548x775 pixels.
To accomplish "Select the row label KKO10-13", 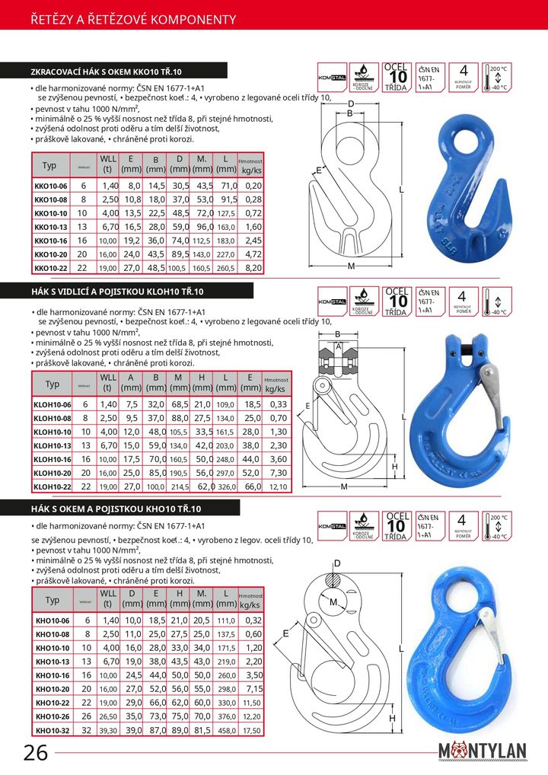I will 51,227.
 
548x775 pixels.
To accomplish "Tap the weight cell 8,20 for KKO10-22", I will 253,268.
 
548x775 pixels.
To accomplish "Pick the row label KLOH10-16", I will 53,459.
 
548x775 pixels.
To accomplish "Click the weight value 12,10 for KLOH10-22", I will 278,486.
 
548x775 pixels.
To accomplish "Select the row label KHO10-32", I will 52,731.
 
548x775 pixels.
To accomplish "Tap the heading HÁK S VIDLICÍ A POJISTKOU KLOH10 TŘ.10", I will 117,292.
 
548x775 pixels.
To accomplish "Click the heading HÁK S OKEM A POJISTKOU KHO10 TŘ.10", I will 115,509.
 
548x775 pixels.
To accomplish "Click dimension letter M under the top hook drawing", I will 352,266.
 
